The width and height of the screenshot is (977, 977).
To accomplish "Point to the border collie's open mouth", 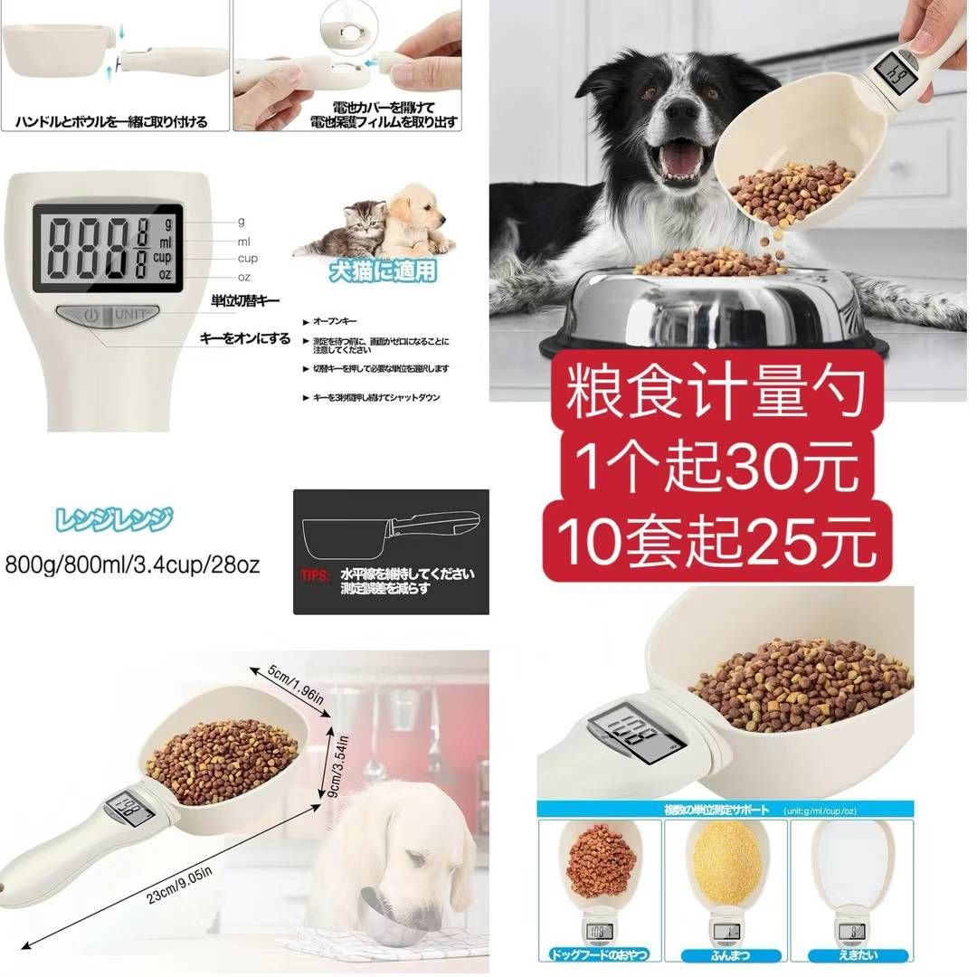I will click(678, 160).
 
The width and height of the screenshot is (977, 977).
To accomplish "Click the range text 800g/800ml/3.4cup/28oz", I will click(133, 565).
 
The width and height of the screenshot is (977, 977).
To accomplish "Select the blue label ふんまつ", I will click(726, 954).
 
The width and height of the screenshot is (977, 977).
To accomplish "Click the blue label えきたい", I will click(849, 954).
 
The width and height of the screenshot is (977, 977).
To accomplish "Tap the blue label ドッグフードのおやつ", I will click(598, 954).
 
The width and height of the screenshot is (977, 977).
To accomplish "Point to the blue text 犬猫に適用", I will click(383, 271).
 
